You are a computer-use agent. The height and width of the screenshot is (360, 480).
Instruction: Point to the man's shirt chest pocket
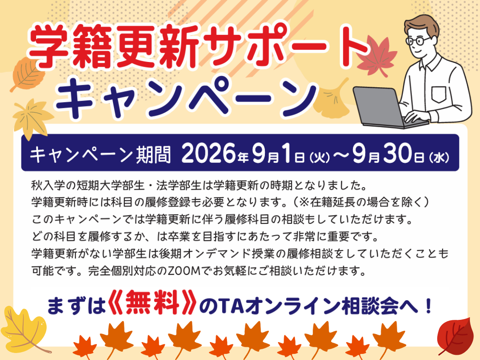[439, 95]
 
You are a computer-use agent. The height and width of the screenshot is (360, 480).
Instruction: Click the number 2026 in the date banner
[209, 153]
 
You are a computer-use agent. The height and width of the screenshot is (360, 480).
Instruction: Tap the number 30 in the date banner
[397, 153]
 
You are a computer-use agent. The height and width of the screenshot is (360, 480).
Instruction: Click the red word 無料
[152, 302]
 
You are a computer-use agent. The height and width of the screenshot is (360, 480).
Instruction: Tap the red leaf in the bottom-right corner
[455, 336]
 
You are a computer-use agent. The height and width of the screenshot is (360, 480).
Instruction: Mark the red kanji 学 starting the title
[49, 46]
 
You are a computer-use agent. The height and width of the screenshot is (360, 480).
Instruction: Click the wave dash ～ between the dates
[341, 155]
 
